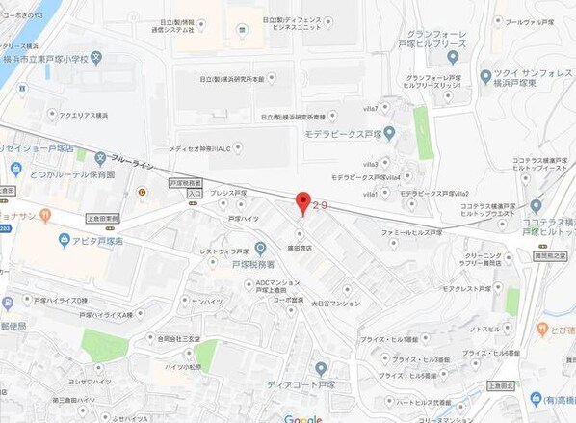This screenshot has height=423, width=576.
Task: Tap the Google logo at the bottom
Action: tap(302, 418)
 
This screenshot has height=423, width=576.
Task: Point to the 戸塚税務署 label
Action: tap(253, 262)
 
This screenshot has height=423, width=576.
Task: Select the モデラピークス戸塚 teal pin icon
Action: tap(389, 132)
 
